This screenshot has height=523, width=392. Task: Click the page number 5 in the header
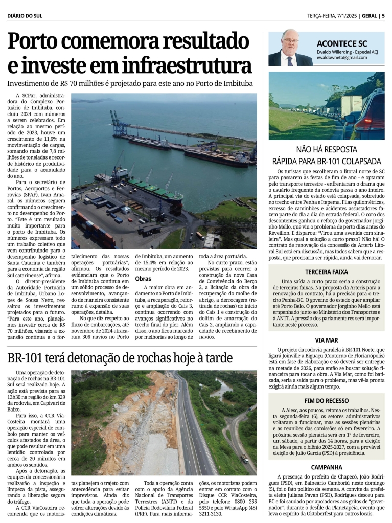pyautogui.click(x=383, y=16)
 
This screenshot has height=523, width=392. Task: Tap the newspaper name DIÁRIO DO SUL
pyautogui.click(x=25, y=16)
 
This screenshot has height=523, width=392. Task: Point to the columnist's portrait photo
pyautogui.click(x=290, y=48)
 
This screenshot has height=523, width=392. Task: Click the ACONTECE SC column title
pyautogui.click(x=341, y=43)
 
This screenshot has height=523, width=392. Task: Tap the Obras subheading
pyautogui.click(x=143, y=279)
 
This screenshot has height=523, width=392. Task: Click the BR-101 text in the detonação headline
pyautogui.click(x=28, y=358)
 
